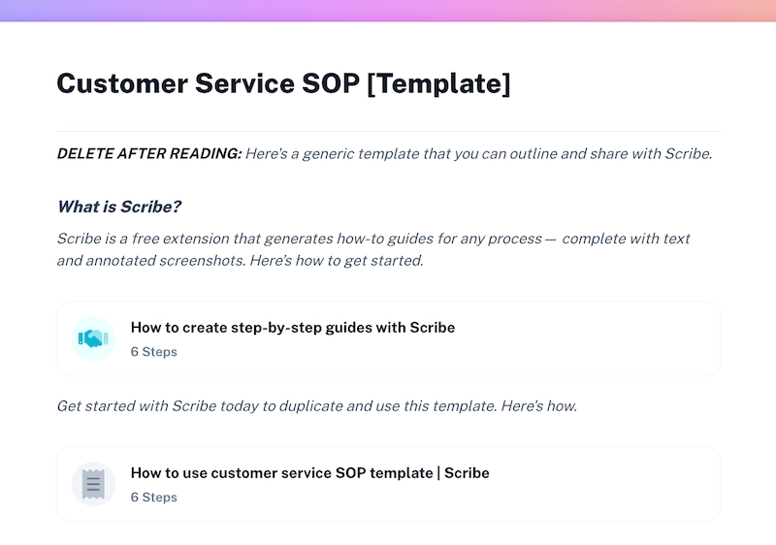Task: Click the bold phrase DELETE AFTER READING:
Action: pyautogui.click(x=148, y=154)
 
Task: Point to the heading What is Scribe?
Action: pyautogui.click(x=119, y=207)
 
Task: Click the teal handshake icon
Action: pyautogui.click(x=94, y=338)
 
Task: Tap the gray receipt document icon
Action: pyautogui.click(x=94, y=484)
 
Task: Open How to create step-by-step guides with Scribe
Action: pyautogui.click(x=293, y=328)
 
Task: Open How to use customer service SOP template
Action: pyautogui.click(x=309, y=473)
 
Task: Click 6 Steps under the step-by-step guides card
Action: pyautogui.click(x=154, y=352)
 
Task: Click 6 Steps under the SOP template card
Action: pyautogui.click(x=154, y=497)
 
